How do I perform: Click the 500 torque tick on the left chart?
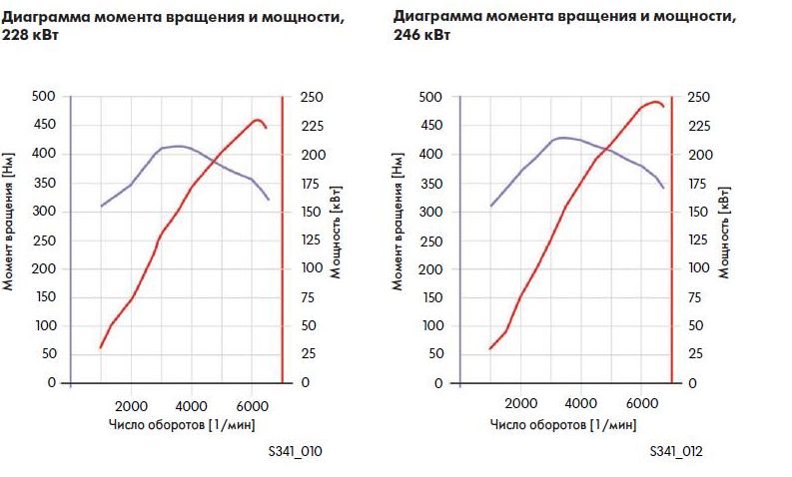45,97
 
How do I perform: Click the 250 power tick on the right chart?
699,97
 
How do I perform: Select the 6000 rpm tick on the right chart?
640,405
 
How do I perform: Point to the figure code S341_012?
676,452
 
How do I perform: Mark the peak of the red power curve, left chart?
258,120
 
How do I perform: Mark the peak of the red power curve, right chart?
655,101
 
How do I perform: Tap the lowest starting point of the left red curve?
101,347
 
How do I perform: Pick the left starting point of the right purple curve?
490,206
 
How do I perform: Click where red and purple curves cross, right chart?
606,151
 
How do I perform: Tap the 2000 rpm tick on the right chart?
520,405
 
